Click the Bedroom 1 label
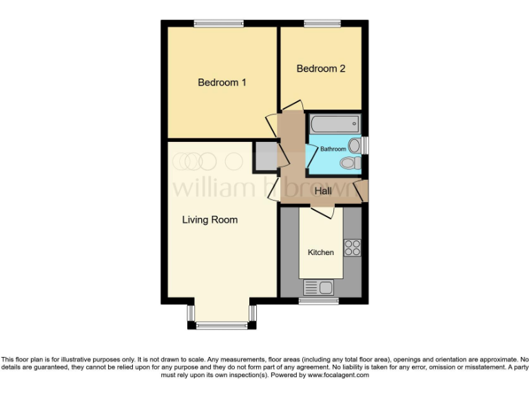222,83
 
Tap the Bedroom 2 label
320,69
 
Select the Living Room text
209,220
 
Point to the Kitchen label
320,252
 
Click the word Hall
323,192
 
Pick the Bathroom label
333,149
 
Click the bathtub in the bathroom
334,125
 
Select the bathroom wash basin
355,145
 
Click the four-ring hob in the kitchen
353,247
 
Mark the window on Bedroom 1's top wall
218,23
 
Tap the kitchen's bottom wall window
318,301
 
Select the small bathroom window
364,145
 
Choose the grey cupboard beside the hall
264,157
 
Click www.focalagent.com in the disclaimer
338,376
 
